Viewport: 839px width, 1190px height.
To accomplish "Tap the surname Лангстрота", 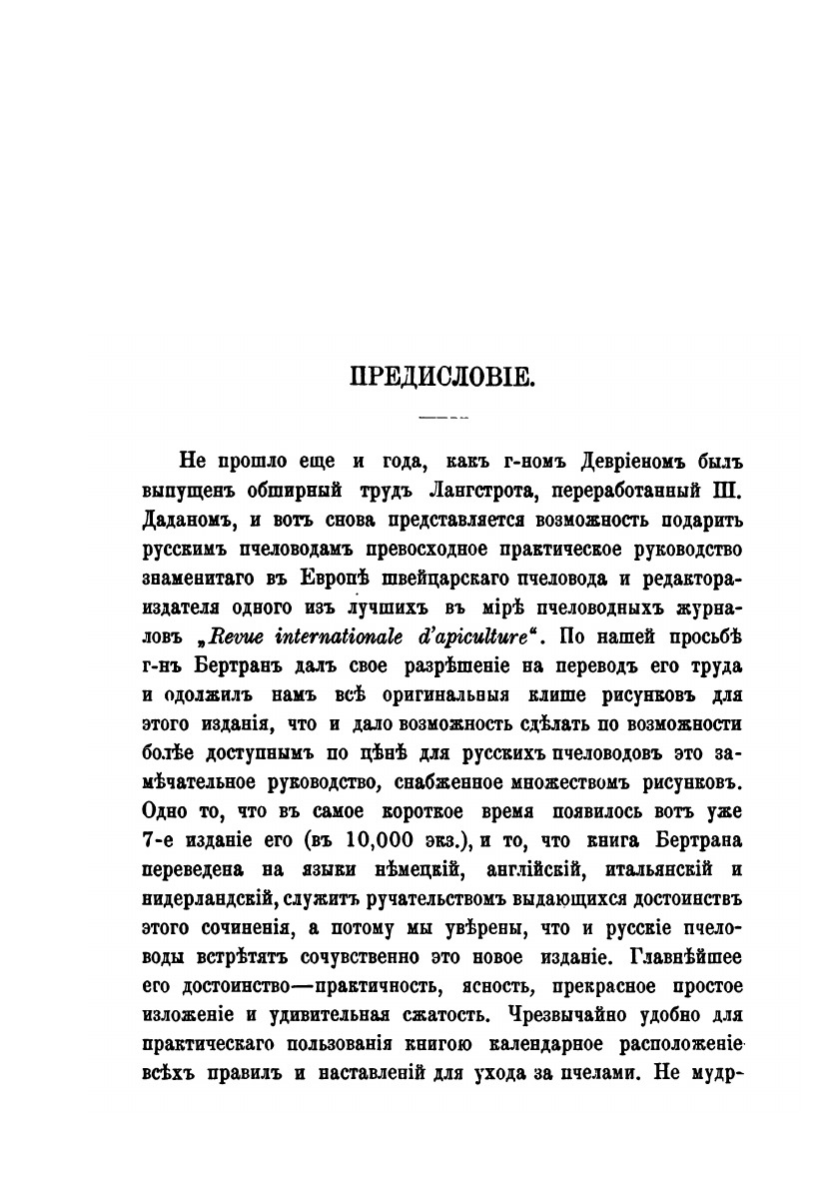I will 434,491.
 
